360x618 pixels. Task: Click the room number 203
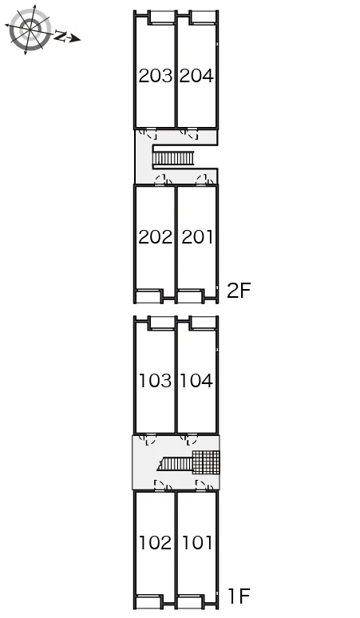[156, 76]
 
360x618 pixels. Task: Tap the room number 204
[196, 76]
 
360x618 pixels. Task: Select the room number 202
[156, 237]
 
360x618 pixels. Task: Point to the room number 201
[197, 237]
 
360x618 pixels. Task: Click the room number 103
[156, 381]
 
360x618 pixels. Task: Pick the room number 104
[196, 381]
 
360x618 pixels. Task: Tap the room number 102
[156, 543]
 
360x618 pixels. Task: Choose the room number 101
[197, 543]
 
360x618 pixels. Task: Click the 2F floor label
[239, 291]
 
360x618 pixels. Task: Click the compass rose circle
[30, 30]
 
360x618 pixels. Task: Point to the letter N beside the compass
[61, 36]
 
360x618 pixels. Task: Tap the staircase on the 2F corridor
[173, 158]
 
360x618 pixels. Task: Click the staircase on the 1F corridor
[175, 464]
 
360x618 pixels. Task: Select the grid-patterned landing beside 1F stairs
[206, 462]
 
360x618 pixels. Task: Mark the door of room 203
[149, 134]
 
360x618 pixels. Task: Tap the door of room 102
[163, 485]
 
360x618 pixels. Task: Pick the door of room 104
[190, 439]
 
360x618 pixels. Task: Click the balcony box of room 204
[204, 18]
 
